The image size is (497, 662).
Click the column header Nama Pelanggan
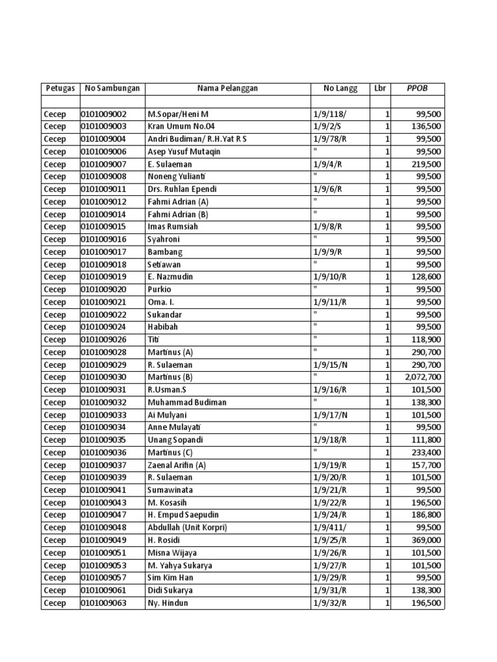tap(227, 89)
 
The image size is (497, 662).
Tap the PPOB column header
tap(417, 89)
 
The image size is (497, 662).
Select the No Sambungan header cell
tap(112, 89)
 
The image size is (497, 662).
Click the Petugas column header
tap(60, 89)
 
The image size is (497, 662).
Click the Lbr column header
tap(380, 89)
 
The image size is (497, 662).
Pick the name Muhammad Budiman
tap(187, 402)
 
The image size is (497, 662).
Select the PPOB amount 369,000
tap(426, 540)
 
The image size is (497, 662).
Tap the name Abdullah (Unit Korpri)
tap(188, 528)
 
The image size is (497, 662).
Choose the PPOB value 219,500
tap(426, 164)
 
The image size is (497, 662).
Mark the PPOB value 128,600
tap(426, 277)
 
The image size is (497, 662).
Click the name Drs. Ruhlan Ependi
tap(182, 189)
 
